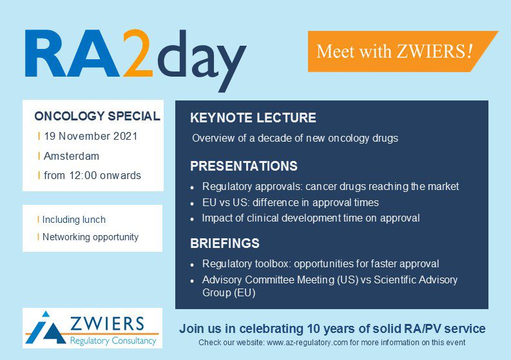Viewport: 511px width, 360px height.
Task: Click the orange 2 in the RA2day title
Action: click(138, 53)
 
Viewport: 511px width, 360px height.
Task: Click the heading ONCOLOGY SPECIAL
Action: click(97, 116)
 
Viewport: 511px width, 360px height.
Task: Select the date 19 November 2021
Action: click(91, 136)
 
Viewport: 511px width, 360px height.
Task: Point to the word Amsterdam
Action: click(72, 156)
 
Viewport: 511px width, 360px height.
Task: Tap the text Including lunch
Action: click(74, 220)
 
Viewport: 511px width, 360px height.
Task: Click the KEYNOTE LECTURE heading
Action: click(253, 118)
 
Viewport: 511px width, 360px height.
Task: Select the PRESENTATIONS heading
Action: click(244, 166)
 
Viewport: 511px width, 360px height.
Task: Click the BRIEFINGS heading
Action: click(225, 243)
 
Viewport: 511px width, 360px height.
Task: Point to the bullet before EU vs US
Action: click(192, 204)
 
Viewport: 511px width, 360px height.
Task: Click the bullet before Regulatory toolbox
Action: click(192, 265)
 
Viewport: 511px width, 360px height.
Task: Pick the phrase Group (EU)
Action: click(229, 292)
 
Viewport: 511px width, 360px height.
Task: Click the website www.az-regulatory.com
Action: click(307, 343)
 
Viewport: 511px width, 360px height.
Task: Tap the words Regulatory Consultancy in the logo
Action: click(113, 341)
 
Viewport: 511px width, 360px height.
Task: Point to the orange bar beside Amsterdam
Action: click(39, 156)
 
